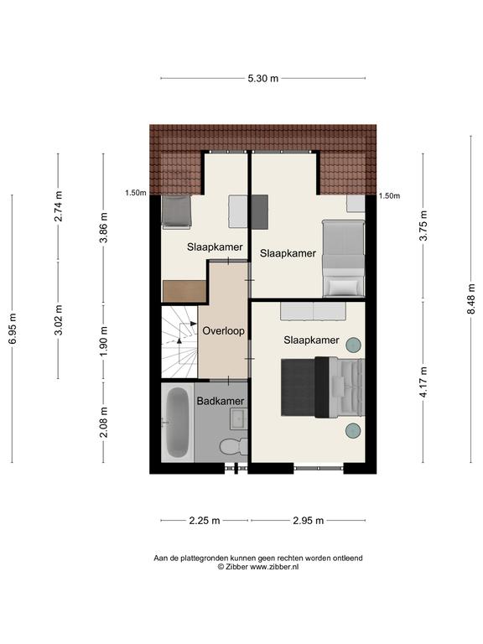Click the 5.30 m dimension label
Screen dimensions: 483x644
click(262, 78)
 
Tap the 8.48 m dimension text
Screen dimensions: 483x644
click(471, 299)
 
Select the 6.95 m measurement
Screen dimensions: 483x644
click(13, 329)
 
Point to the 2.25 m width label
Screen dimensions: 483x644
click(205, 521)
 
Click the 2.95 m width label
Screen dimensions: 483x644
click(309, 521)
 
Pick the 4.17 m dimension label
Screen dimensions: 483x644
click(423, 382)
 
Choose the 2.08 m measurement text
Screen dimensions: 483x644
click(103, 422)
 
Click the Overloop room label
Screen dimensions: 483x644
click(223, 330)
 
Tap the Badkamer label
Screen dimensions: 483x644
click(221, 401)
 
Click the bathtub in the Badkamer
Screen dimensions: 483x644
click(178, 423)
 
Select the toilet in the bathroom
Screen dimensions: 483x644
click(234, 446)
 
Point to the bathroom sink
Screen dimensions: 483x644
click(239, 418)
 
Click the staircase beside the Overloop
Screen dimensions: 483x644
click(180, 342)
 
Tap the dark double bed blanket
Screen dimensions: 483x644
click(299, 387)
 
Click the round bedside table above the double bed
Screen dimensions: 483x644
click(353, 345)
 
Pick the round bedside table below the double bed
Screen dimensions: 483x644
click(353, 430)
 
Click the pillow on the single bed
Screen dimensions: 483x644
click(343, 287)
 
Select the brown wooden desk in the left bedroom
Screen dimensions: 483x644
click(184, 291)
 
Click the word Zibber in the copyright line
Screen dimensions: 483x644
click(237, 567)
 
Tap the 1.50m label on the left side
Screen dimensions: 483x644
click(136, 193)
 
